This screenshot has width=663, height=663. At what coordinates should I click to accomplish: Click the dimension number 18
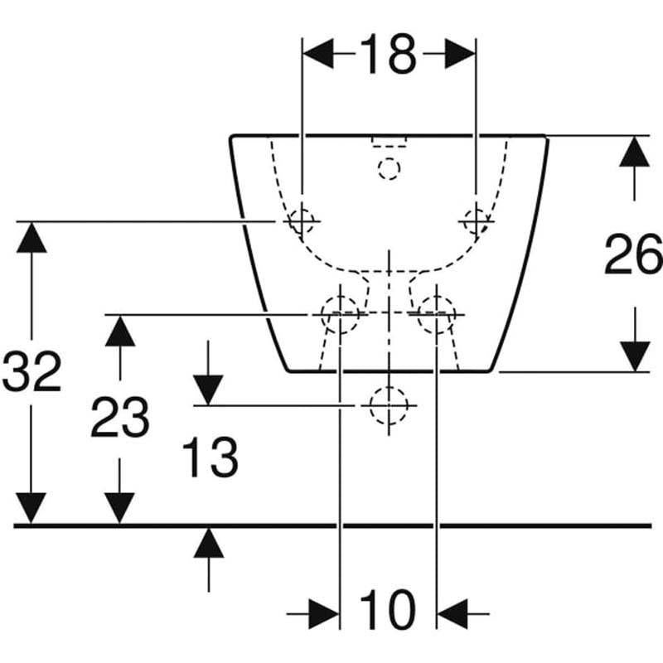(389, 54)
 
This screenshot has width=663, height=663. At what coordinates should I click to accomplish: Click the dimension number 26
(633, 254)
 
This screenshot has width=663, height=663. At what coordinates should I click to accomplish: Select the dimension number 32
(31, 370)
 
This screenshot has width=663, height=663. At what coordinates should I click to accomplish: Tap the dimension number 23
(120, 417)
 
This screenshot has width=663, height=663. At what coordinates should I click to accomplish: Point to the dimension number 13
(211, 457)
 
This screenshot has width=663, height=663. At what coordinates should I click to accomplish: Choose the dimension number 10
(388, 610)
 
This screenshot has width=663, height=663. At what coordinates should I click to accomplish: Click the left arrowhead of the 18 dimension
(318, 54)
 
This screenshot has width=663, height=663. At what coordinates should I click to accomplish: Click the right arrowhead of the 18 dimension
(460, 54)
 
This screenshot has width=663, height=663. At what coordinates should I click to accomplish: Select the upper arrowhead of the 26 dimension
(634, 152)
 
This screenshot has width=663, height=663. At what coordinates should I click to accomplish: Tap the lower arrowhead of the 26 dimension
(635, 356)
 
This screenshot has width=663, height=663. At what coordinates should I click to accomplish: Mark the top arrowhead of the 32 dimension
(31, 238)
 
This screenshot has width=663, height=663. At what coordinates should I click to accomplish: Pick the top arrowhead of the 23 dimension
(120, 331)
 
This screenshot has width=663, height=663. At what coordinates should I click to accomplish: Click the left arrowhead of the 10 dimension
(324, 613)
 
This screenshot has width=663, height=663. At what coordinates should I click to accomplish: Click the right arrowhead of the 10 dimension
(452, 613)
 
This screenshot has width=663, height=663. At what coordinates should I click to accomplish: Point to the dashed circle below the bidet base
(389, 405)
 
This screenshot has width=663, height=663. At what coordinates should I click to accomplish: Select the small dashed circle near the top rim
(389, 169)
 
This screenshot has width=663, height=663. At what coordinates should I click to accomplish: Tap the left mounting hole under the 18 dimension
(302, 221)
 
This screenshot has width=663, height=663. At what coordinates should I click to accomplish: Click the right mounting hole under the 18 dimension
(476, 221)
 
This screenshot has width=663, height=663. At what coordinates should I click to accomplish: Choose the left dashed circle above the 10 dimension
(340, 315)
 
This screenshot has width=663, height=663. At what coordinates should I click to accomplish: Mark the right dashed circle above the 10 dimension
(437, 315)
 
